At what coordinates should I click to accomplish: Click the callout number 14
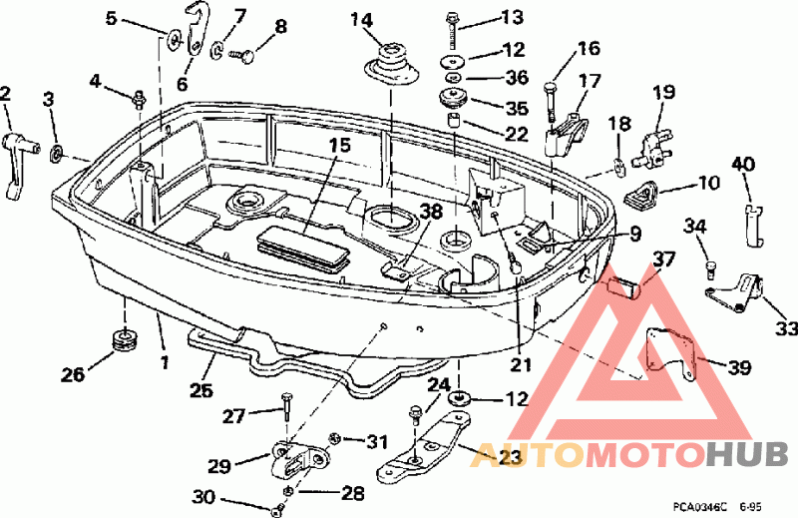[362, 20]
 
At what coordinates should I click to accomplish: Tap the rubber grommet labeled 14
[392, 65]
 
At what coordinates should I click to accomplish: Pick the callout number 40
[743, 165]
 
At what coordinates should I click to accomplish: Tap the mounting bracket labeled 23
[423, 448]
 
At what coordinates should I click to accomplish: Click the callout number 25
[201, 390]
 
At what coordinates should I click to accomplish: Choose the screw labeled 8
[242, 55]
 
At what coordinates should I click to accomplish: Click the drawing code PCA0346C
[699, 507]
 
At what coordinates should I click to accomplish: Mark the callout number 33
[786, 329]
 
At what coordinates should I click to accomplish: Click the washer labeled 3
[56, 153]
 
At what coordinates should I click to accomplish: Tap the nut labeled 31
[335, 437]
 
